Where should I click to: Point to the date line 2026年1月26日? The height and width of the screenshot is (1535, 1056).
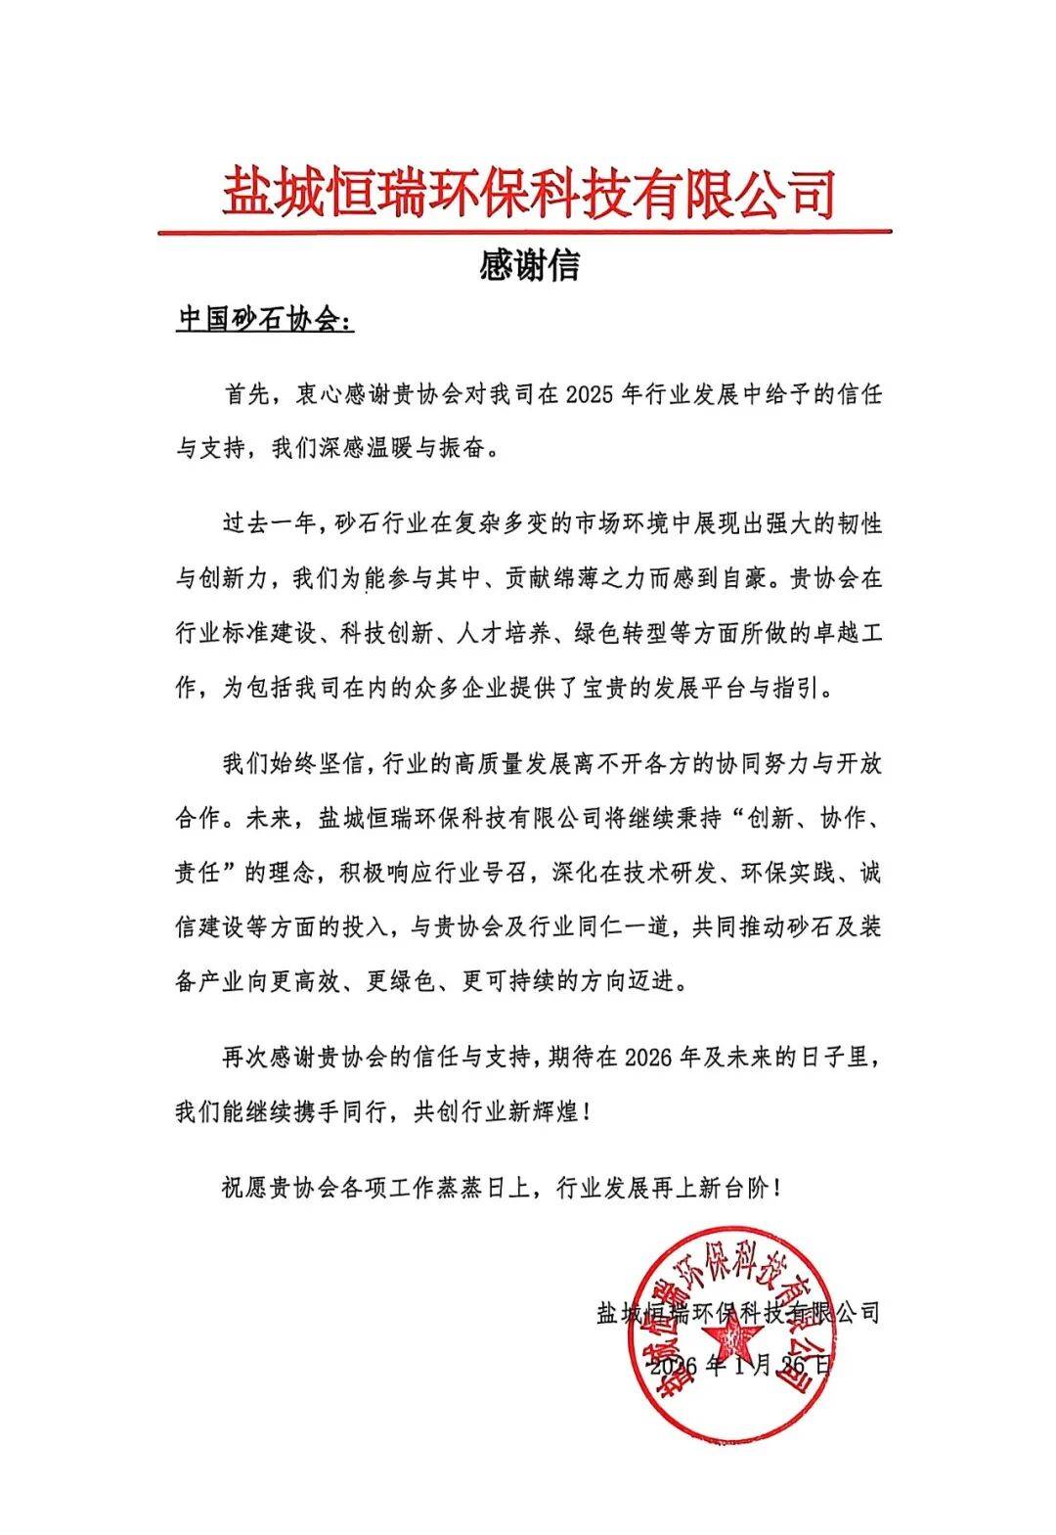(738, 1366)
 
